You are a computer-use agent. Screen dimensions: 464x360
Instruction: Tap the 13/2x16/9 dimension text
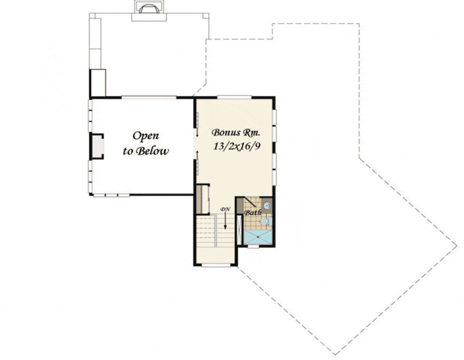237,146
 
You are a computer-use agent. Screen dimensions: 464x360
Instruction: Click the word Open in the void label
146,136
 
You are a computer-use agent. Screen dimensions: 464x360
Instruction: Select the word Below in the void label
154,151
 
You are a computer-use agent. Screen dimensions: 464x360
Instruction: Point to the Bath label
253,212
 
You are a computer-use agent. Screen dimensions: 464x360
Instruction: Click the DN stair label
225,209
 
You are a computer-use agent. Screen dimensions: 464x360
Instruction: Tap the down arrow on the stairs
225,221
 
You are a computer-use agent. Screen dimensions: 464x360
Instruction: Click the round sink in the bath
267,205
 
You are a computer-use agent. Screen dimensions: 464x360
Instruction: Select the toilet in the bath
264,221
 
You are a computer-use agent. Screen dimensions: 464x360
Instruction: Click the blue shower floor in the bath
258,237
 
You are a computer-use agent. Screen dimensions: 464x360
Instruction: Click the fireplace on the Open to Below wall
97,147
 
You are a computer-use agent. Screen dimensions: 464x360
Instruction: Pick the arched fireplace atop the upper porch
149,9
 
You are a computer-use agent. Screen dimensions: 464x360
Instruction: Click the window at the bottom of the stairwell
216,266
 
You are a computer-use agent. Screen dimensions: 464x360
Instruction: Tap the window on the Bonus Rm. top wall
234,97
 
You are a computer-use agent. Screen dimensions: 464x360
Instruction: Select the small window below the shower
253,246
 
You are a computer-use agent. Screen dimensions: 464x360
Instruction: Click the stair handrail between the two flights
216,231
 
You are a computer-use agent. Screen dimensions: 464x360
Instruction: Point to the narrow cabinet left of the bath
240,230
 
